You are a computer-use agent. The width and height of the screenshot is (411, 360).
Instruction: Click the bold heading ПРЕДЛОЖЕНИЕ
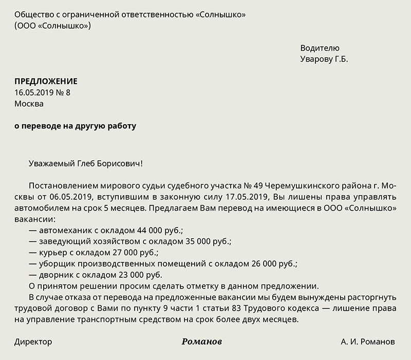[x=46, y=81]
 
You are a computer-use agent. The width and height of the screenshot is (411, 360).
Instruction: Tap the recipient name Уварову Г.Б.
[x=324, y=59]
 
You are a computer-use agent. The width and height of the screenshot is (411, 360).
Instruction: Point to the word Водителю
[x=320, y=48]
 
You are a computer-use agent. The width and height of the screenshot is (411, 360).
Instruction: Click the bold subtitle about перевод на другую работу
[x=75, y=126]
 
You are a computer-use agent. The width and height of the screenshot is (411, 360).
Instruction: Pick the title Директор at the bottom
[x=33, y=342]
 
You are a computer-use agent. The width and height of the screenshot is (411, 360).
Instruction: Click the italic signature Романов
[x=202, y=342]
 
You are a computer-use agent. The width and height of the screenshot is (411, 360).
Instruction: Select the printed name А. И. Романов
[x=368, y=342]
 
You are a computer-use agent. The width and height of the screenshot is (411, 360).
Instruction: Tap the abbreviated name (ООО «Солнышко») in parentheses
[x=53, y=26]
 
